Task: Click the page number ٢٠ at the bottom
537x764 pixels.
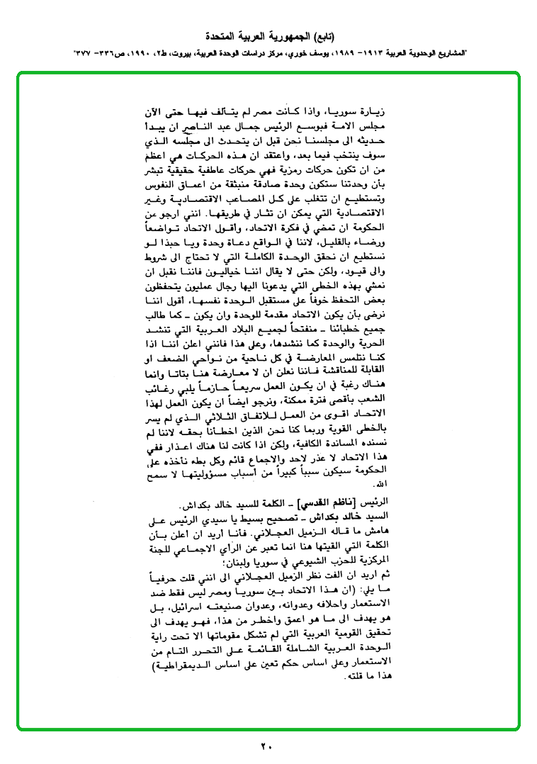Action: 267,746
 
